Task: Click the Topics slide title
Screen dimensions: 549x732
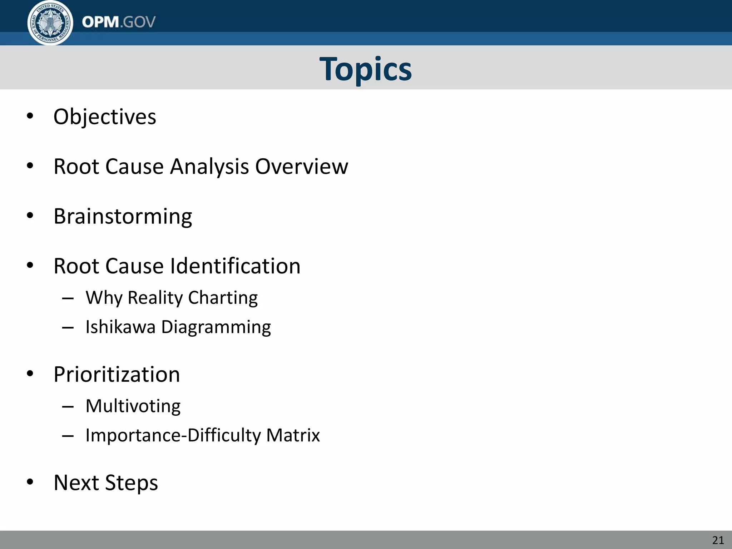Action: coord(366,69)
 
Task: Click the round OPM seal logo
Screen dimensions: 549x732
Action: coord(50,23)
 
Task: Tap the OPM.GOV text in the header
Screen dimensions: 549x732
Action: coord(119,22)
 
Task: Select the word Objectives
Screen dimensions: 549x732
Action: coord(105,117)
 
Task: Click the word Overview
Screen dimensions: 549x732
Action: coord(301,167)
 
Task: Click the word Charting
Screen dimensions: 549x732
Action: coord(223,298)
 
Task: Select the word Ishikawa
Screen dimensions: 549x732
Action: coord(120,327)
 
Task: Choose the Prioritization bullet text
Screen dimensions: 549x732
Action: coord(117,375)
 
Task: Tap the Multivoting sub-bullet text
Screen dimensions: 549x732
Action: coord(133,406)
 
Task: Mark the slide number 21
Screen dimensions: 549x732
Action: coord(718,540)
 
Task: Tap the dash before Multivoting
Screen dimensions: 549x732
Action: coord(68,407)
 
